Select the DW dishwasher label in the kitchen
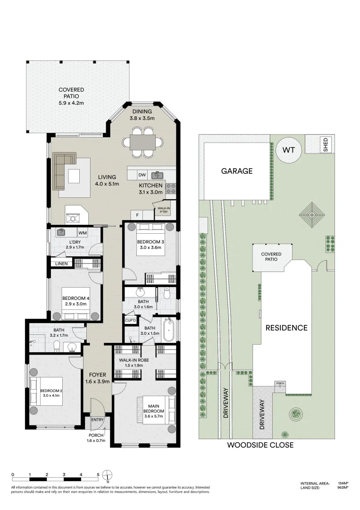click(x=142, y=175)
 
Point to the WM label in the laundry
click(x=82, y=233)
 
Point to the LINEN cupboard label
click(x=61, y=263)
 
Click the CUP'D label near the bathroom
click(x=130, y=321)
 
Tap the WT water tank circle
click(x=288, y=150)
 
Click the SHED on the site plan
click(x=325, y=144)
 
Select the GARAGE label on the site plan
click(x=237, y=171)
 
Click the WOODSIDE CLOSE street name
click(x=260, y=445)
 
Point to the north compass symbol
click(x=108, y=475)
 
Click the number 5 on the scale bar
click(x=98, y=474)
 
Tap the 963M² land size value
click(x=343, y=488)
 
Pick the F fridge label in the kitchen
click(x=138, y=215)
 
